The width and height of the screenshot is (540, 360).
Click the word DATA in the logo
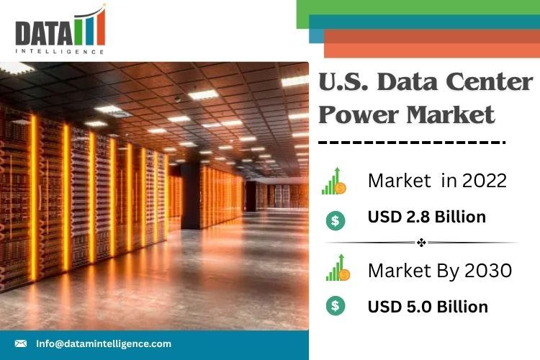point(44,32)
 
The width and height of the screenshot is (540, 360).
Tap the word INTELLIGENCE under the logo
point(60,52)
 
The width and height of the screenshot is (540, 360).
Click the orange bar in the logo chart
point(101,27)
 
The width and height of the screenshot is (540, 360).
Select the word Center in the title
point(490,81)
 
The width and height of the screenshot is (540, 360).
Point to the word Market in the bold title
point(450,114)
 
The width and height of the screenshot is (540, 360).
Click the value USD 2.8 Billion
point(427,217)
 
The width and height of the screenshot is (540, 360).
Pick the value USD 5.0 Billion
point(428,307)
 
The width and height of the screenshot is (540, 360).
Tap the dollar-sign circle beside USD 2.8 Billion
point(336,220)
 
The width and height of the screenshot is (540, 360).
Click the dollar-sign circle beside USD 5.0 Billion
point(336,305)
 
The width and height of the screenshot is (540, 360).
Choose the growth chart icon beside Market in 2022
point(334,181)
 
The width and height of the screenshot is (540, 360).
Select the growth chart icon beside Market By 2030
point(338,268)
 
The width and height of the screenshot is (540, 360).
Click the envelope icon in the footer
point(21,343)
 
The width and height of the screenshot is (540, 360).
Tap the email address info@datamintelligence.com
point(104,343)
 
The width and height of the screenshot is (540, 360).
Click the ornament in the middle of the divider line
point(421,243)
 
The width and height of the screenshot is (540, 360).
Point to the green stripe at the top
point(418,7)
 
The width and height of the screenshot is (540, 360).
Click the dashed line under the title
point(412,142)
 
